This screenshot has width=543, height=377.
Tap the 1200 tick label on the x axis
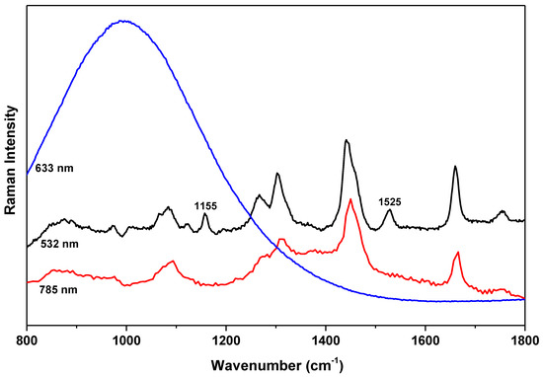coord(226,335)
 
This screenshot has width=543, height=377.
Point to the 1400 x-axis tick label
coord(326,335)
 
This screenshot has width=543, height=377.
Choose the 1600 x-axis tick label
coord(426,335)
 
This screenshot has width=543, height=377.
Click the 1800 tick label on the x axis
coord(524,335)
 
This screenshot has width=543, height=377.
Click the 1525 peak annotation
coord(389,200)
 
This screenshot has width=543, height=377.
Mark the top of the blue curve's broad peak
coord(122,21)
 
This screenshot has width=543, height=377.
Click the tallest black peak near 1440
coord(346,141)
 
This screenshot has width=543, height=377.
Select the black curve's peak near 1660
coord(455,166)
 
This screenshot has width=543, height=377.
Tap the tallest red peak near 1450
coord(349,199)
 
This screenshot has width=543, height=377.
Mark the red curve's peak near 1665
coord(457,253)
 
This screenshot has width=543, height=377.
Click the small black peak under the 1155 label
coord(205,214)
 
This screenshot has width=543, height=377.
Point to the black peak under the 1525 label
coord(389,210)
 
